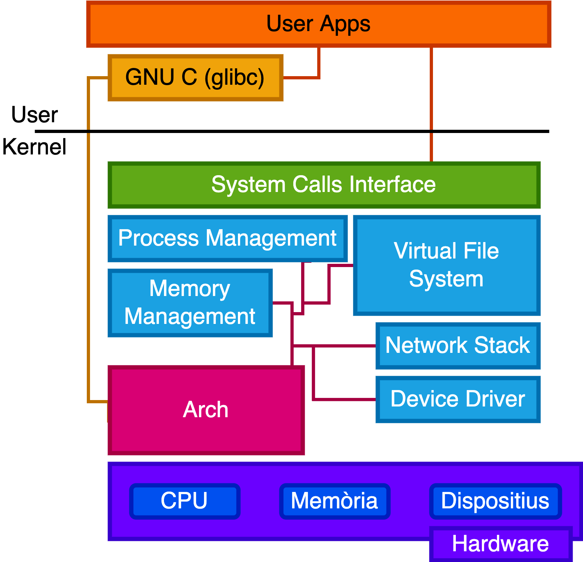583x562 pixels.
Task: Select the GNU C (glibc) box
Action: tap(195, 78)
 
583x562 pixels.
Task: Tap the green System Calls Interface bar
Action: tap(324, 185)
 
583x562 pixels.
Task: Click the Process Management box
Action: tap(228, 238)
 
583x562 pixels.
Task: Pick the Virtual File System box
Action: tap(447, 265)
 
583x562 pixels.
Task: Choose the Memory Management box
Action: tap(190, 303)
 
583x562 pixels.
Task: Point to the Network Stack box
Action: tap(458, 346)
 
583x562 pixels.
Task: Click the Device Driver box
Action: tap(458, 399)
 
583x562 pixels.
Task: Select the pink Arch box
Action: tap(206, 410)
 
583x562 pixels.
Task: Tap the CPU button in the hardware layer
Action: tap(184, 501)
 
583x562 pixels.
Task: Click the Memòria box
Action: tap(334, 501)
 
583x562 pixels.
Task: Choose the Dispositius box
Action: tap(495, 501)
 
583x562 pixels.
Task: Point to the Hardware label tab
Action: tap(500, 544)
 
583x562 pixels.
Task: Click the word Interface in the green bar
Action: tap(393, 185)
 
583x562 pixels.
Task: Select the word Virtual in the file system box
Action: tap(420, 251)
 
